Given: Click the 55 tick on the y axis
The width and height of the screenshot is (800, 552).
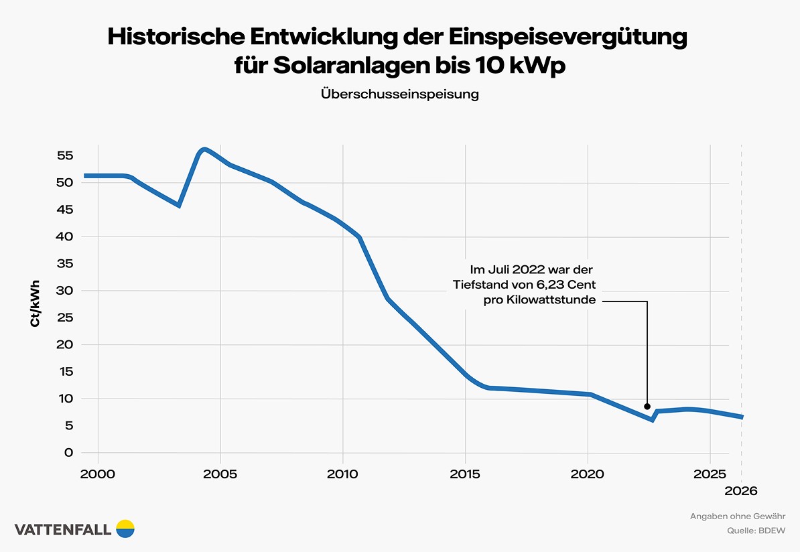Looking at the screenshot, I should click(64, 155).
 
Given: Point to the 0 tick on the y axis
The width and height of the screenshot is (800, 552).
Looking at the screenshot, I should click(68, 453).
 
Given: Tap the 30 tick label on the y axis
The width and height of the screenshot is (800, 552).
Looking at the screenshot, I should click(64, 291).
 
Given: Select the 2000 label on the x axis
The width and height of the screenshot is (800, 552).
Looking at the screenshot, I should click(98, 474).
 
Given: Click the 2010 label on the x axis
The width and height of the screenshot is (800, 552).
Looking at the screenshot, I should click(342, 474).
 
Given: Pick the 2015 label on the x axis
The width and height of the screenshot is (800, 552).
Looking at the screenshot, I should click(465, 474).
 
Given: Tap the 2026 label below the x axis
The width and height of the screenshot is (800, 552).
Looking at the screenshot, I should click(741, 491).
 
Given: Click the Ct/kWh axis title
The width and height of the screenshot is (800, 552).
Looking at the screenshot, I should click(34, 304).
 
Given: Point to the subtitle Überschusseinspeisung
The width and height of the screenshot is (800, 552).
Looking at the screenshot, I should click(400, 94).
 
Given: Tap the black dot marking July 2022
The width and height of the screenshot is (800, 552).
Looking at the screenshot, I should click(647, 406).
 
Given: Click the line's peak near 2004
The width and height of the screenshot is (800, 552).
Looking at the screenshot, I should click(204, 149).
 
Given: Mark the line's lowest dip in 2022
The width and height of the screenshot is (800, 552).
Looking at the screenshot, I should click(651, 419).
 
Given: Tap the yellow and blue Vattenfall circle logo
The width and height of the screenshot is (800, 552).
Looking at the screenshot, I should click(125, 529).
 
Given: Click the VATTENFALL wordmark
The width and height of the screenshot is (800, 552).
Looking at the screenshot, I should click(63, 529).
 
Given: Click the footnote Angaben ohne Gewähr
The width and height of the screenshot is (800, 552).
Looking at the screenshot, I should click(738, 516).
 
